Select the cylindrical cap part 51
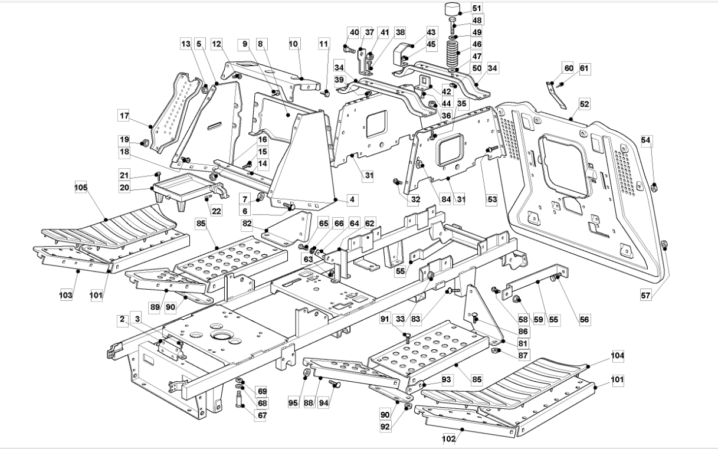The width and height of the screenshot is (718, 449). coord(452,10)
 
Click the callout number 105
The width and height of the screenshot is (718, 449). coord(80,187)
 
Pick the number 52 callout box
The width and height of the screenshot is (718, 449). coord(585,104)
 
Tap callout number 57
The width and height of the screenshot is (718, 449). coord(647,296)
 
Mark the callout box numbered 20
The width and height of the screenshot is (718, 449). coord(123,188)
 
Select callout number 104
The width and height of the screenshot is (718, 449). coord(618,356)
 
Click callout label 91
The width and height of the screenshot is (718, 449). coord(385,320)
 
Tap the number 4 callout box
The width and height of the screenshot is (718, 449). coord(352,199)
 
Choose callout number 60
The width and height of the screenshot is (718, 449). coord(569,68)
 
